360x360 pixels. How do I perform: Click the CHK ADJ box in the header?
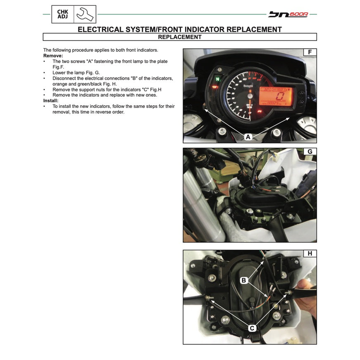click(63, 14)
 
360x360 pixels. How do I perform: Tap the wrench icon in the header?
click(86, 14)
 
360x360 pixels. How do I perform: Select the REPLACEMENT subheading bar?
click(180, 37)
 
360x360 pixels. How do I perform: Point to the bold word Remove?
click(53, 55)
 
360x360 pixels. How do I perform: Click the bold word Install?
click(52, 100)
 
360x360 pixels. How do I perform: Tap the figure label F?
click(310, 52)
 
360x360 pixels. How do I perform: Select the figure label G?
click(310, 152)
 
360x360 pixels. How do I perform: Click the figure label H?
click(310, 254)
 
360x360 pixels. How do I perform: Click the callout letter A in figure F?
click(248, 137)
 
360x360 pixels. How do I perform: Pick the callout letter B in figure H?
click(244, 281)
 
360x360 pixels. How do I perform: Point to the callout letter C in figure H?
click(252, 328)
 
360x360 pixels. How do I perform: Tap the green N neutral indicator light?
click(216, 78)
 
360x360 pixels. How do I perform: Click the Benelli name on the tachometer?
click(248, 86)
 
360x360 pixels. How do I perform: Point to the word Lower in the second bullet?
click(60, 72)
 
